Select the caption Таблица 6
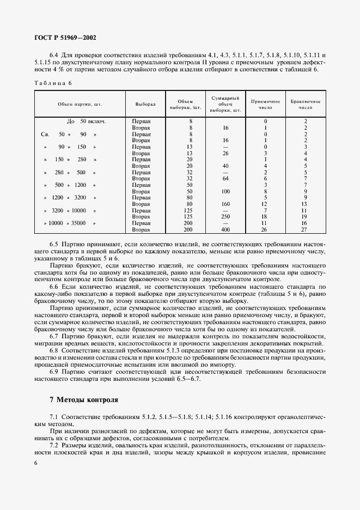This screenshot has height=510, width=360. pos(53,83)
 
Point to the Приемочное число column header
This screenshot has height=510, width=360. pos(265,105)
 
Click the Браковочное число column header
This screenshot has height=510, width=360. pos(306,105)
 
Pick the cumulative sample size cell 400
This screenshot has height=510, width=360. pos(225,230)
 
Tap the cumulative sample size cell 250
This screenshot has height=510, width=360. pos(225,217)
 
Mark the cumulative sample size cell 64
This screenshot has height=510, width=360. pos(225,179)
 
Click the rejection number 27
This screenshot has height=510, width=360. pos(306,230)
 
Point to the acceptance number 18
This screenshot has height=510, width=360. pos(265,217)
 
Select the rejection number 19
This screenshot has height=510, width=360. pos(306,217)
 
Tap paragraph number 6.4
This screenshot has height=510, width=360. pos(54,55)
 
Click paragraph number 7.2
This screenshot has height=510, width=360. pos(54,446)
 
